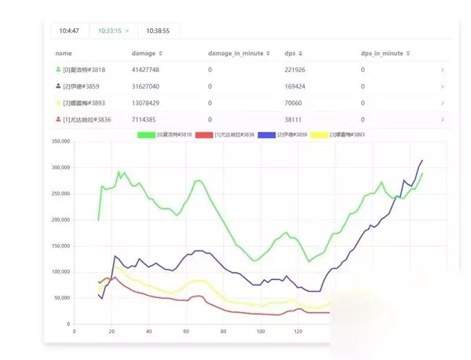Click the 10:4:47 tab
67,31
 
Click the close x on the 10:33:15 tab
127,31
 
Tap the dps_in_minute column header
382,53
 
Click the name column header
64,53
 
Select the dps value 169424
294,86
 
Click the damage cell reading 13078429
147,103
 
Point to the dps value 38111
292,119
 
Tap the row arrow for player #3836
442,119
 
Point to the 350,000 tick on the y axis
60,141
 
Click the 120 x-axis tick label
298,331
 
